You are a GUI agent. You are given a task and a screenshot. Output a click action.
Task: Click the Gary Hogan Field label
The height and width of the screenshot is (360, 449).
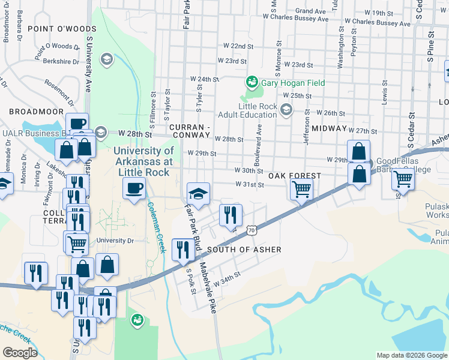click(292, 83)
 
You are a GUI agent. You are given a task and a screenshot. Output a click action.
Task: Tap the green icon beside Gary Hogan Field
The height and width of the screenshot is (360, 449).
click(252, 82)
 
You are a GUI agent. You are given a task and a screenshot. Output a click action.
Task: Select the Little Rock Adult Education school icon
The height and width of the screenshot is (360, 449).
click(286, 109)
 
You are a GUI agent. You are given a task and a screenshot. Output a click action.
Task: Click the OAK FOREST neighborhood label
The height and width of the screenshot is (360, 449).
click(295, 176)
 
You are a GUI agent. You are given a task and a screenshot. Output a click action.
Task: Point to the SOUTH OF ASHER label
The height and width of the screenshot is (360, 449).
click(244, 250)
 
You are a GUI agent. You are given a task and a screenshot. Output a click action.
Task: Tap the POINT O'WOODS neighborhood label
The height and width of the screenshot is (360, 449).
click(57, 28)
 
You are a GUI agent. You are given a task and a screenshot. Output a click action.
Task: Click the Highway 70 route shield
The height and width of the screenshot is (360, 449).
click(252, 230)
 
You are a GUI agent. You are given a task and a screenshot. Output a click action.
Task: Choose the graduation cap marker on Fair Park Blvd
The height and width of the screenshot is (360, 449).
click(198, 193)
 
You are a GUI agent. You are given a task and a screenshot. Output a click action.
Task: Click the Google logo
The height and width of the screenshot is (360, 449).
click(20, 353)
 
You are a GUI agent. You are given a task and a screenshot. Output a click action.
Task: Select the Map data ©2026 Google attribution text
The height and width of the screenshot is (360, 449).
click(411, 355)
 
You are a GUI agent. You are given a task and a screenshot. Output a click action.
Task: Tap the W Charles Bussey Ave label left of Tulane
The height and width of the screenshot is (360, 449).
click(298, 19)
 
